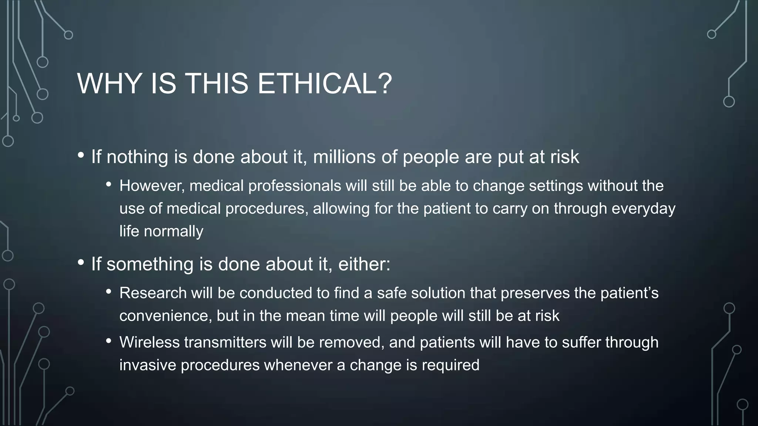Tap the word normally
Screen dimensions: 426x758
click(x=173, y=232)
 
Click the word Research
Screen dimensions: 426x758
click(x=153, y=293)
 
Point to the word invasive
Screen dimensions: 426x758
click(x=147, y=365)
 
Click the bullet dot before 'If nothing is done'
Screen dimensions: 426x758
click(x=81, y=156)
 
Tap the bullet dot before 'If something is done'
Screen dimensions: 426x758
click(x=81, y=263)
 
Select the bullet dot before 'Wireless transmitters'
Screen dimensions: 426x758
click(x=108, y=341)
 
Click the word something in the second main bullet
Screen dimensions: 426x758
click(x=150, y=264)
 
